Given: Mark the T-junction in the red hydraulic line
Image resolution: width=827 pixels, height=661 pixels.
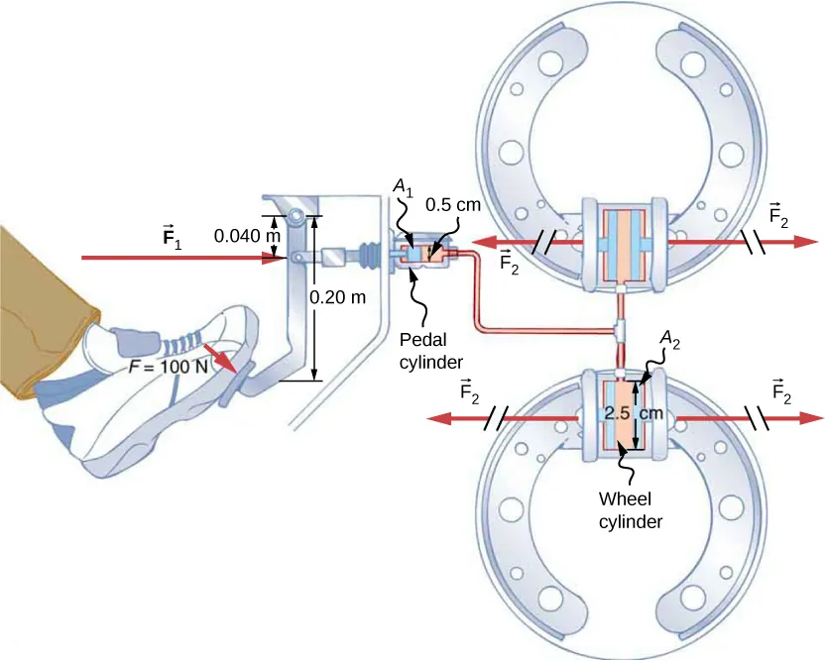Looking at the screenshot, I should click(618, 327).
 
